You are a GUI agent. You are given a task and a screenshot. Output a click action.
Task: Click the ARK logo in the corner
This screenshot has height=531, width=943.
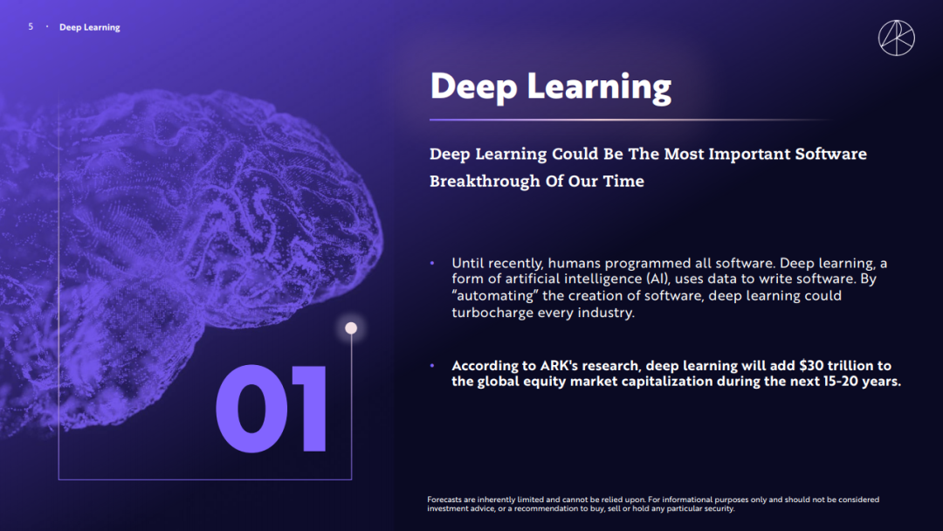pyautogui.click(x=896, y=38)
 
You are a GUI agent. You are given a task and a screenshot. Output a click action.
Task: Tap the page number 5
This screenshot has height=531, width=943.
pyautogui.click(x=31, y=26)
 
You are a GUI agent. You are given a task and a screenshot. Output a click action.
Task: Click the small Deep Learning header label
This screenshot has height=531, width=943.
pyautogui.click(x=90, y=27)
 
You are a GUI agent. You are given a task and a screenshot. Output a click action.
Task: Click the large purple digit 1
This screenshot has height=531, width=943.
pyautogui.click(x=310, y=409)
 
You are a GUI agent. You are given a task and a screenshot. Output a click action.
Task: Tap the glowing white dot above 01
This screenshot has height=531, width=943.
pyautogui.click(x=351, y=328)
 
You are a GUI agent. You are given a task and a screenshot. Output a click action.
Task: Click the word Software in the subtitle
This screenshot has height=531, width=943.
pyautogui.click(x=830, y=154)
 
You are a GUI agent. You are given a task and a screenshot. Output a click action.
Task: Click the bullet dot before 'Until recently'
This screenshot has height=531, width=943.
pyautogui.click(x=432, y=263)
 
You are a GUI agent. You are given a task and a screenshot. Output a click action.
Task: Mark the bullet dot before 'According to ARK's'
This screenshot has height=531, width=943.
pyautogui.click(x=432, y=366)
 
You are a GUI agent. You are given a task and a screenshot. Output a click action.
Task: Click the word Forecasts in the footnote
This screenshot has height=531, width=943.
pyautogui.click(x=444, y=500)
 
